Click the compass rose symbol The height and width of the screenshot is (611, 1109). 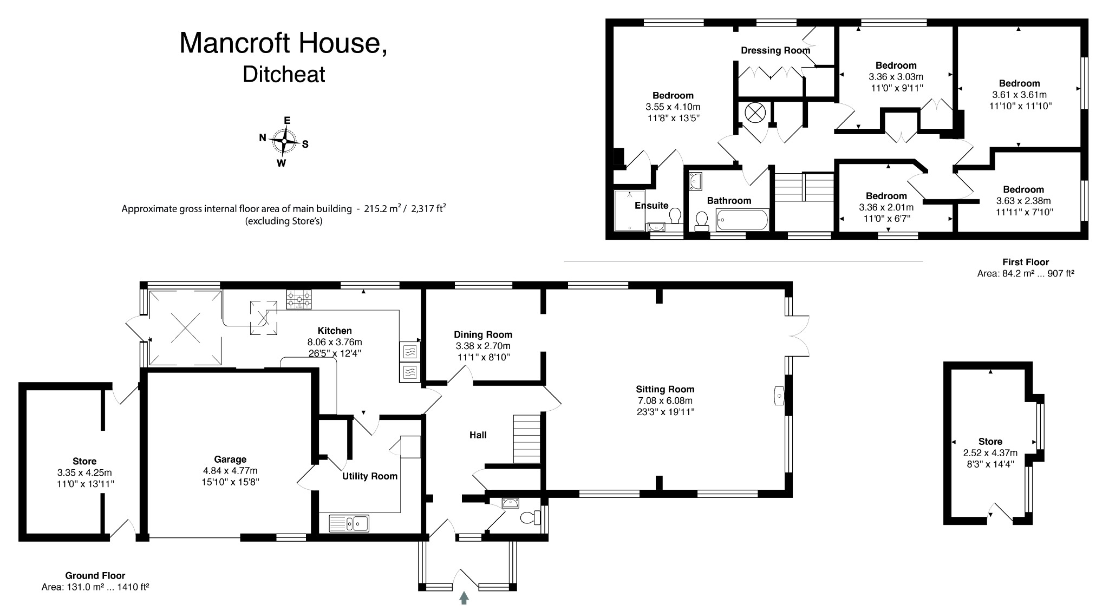tap(284, 141)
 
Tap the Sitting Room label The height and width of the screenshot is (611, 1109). tap(665, 389)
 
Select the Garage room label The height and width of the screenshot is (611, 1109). tap(230, 459)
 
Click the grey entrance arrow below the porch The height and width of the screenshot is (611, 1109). tap(464, 597)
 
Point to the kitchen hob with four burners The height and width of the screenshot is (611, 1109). tap(299, 299)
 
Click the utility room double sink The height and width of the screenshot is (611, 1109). tap(349, 523)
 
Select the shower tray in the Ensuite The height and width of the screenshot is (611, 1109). tap(630, 210)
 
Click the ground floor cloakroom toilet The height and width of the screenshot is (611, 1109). tap(529, 518)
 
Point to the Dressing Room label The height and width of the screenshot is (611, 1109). tap(775, 50)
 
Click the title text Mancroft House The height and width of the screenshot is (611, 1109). tap(283, 43)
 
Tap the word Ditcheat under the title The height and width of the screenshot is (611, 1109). tap(284, 74)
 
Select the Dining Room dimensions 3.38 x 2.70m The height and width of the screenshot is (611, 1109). tap(483, 346)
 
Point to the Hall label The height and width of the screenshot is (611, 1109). tap(478, 435)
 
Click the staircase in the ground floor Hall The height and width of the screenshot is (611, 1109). tap(527, 439)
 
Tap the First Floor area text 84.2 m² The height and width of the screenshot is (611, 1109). tap(1025, 274)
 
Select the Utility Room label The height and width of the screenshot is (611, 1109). tap(370, 476)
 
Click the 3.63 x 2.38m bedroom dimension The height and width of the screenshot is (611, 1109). tap(1023, 201)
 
